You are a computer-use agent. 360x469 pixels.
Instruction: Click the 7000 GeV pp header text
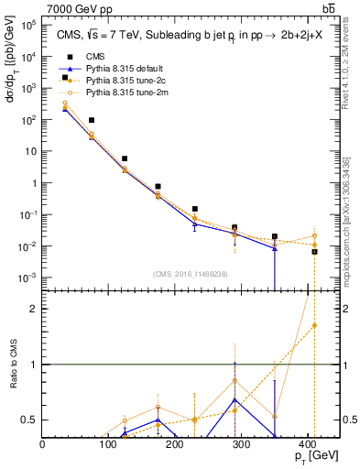tap(79, 9)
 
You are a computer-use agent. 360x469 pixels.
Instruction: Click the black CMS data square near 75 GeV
tap(92, 120)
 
